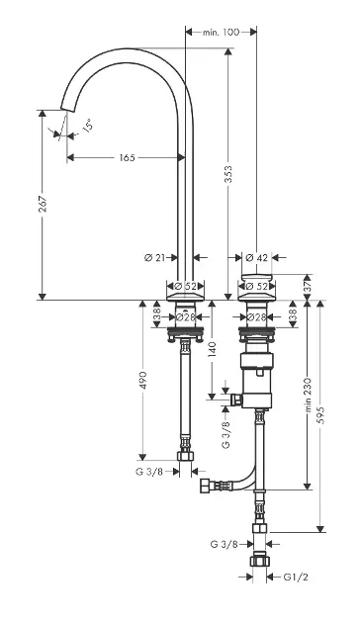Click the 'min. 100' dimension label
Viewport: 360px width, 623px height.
[x=221, y=33]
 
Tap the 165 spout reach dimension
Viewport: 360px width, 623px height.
[x=128, y=158]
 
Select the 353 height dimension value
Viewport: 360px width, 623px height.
[x=228, y=174]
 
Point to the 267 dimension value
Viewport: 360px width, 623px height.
[x=43, y=204]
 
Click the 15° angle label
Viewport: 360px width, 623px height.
[x=87, y=125]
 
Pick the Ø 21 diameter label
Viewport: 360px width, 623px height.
[x=154, y=258]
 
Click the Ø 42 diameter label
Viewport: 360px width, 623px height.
[x=257, y=258]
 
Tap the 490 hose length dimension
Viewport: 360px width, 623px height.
[x=143, y=381]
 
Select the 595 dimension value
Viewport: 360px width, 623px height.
[x=321, y=414]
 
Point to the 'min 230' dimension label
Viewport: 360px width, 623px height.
[x=308, y=395]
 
